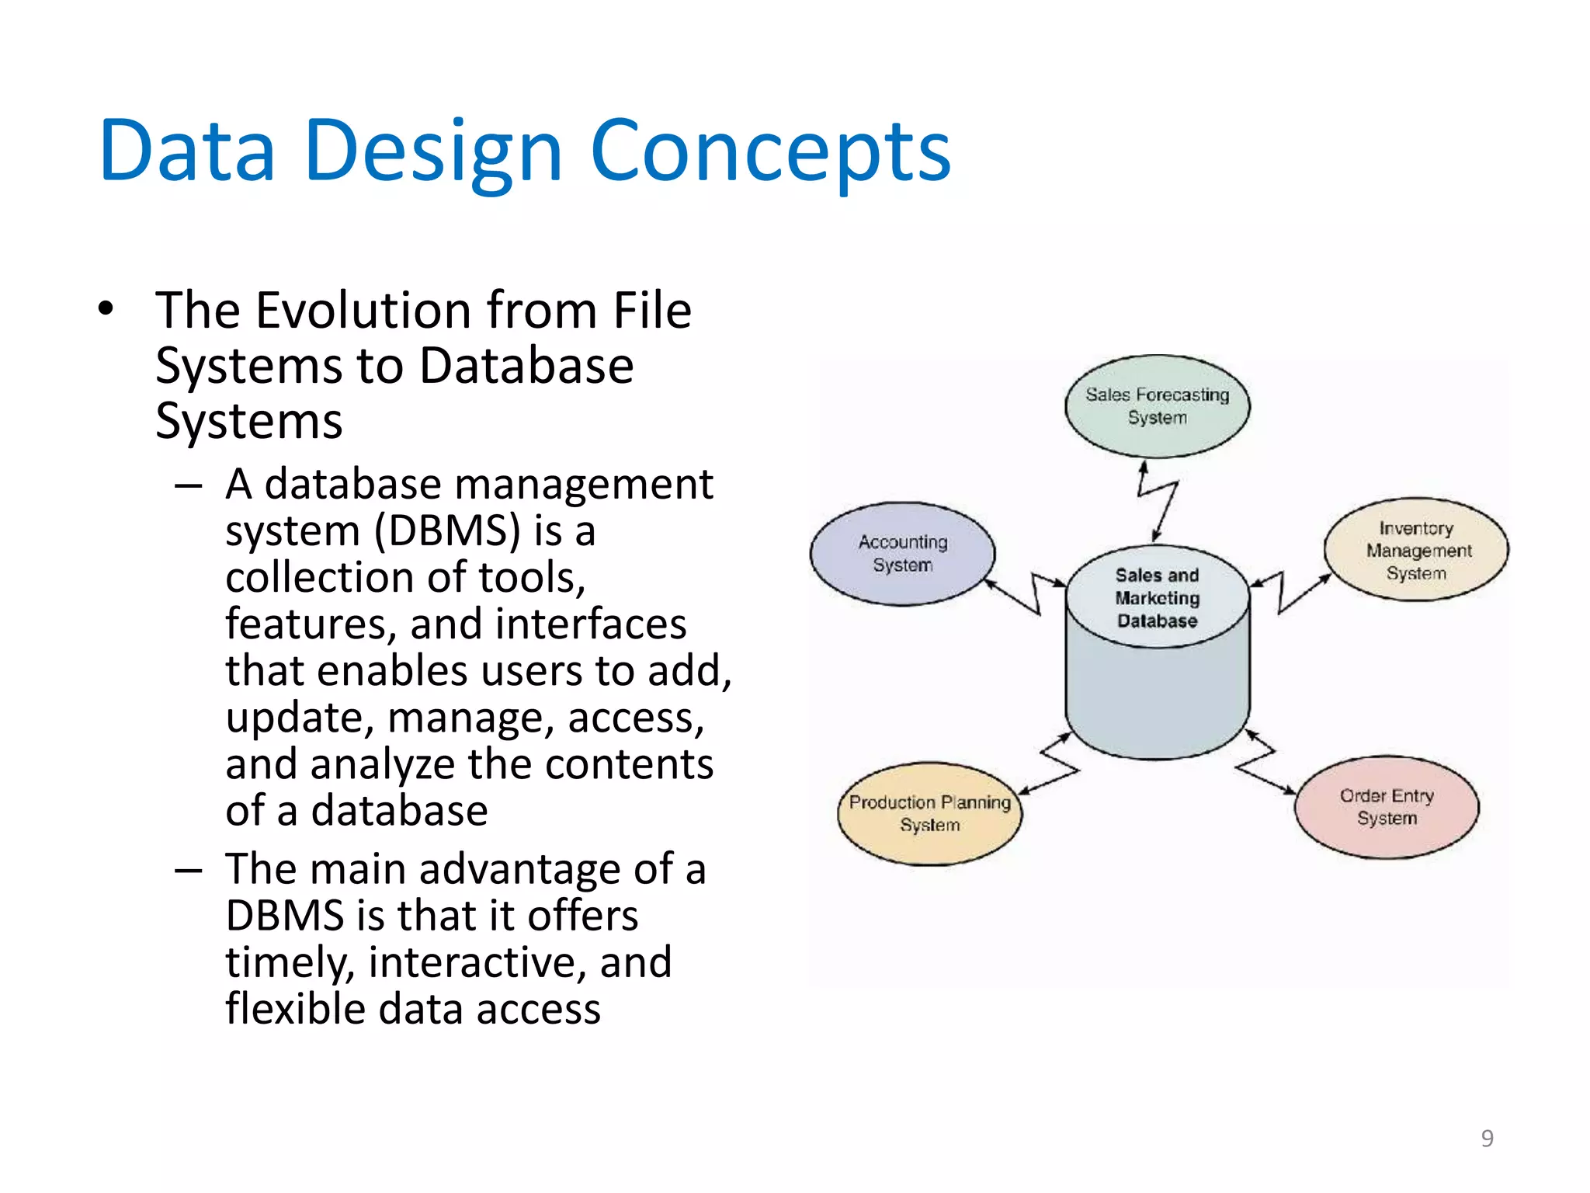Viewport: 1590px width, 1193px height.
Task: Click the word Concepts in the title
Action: click(770, 151)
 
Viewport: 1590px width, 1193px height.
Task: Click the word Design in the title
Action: click(432, 151)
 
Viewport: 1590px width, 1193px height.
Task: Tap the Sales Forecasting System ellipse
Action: click(1157, 405)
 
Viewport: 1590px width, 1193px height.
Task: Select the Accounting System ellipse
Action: click(902, 553)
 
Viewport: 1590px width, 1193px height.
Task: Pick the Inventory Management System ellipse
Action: click(1416, 550)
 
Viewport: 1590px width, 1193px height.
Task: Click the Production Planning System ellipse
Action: click(929, 813)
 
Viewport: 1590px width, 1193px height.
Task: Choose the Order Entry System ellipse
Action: click(1387, 807)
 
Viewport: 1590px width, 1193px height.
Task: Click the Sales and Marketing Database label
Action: click(1157, 597)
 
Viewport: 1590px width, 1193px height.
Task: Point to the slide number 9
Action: click(1487, 1138)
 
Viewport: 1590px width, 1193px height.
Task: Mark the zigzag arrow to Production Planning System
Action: click(1056, 765)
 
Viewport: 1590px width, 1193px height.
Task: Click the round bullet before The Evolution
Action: click(106, 308)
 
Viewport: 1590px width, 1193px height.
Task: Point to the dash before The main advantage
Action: click(188, 870)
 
